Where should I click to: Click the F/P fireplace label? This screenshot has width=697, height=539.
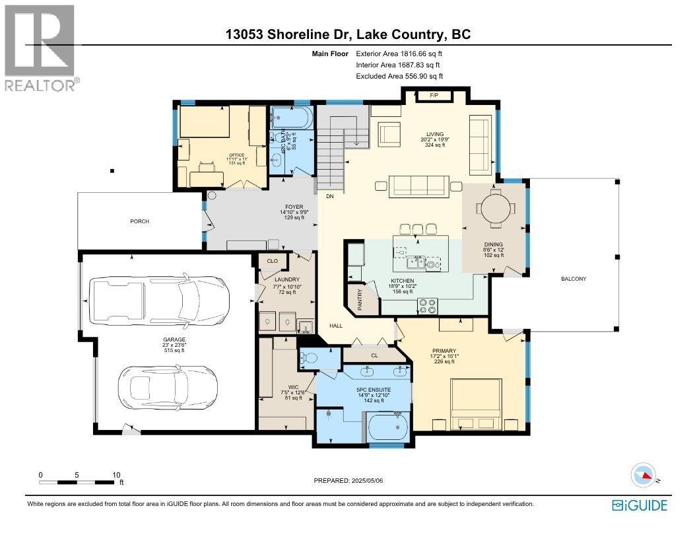[x=434, y=96]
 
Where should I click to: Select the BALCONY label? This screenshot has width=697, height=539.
[x=574, y=279]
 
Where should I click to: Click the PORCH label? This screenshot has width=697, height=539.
[x=139, y=221]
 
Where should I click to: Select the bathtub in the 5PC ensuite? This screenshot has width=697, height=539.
[x=387, y=427]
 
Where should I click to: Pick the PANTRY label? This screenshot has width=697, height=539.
[x=360, y=299]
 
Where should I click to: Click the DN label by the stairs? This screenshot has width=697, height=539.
[x=329, y=197]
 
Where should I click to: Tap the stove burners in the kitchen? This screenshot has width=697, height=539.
[x=428, y=305]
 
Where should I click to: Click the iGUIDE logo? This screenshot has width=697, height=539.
[x=640, y=505]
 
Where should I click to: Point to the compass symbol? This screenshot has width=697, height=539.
[x=644, y=475]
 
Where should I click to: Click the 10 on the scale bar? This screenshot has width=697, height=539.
[x=116, y=475]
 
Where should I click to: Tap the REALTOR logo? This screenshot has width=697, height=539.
[x=40, y=46]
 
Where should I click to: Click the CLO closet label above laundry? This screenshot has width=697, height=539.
[x=272, y=261]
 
